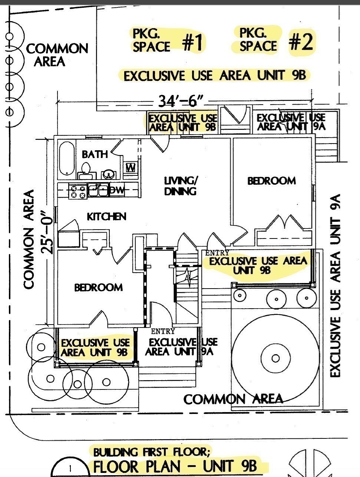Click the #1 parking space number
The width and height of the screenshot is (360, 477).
(193, 42)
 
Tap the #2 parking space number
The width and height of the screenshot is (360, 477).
(301, 42)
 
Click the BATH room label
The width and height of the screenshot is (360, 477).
(95, 154)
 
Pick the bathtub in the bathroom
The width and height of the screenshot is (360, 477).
(67, 158)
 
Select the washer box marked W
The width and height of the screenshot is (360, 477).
(131, 168)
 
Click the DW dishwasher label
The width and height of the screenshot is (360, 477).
(118, 190)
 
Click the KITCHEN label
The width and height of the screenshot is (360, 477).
(106, 216)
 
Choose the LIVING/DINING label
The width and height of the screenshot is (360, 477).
(181, 186)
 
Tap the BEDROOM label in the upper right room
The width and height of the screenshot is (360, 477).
(271, 181)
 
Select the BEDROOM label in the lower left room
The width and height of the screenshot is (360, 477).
(98, 287)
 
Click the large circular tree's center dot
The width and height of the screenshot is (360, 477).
(275, 358)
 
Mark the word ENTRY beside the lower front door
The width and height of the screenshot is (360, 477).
(163, 331)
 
